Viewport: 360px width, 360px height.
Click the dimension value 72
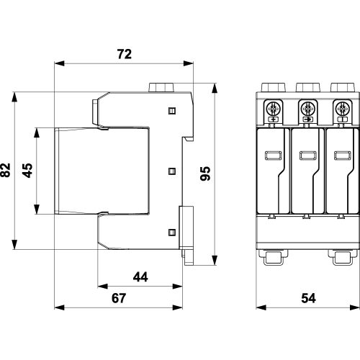(125, 54)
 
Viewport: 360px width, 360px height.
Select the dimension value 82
(6, 170)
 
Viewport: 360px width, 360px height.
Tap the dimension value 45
(27, 171)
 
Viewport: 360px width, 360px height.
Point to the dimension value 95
(205, 174)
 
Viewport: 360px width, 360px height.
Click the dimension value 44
(140, 276)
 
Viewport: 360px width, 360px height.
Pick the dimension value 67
(119, 298)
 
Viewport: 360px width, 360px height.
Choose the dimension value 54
(308, 298)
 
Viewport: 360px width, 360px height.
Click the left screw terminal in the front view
(274, 109)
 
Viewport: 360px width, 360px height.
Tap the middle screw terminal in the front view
(307, 109)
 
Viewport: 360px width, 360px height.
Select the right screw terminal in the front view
(342, 109)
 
